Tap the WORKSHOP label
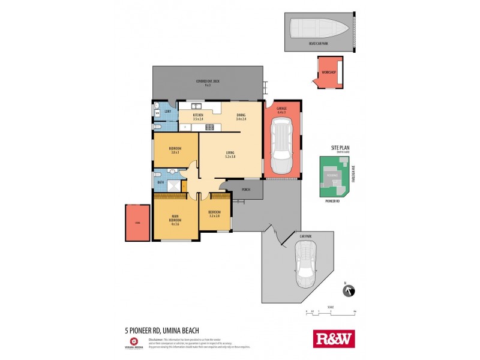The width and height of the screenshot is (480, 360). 328,73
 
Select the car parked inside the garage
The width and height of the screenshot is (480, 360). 281,144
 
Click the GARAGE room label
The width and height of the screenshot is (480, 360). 281,108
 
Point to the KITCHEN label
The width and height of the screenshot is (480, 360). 198,115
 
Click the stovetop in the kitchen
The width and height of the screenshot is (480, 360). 209,127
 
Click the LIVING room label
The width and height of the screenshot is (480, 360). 230,153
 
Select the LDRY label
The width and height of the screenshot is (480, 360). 167,112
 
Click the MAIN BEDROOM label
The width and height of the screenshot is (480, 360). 175,220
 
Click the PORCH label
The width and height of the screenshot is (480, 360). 245,191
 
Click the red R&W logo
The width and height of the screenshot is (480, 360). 334,338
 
